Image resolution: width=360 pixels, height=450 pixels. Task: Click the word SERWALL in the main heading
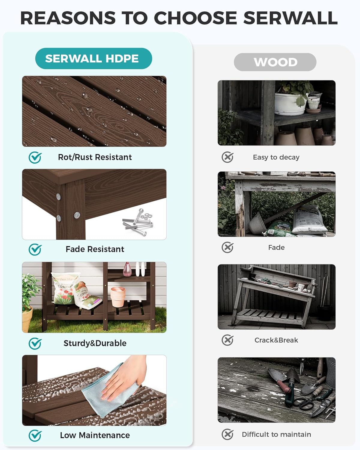(290, 18)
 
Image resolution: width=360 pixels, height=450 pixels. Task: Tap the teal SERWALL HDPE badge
(93, 58)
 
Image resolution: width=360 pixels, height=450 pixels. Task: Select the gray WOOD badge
(275, 62)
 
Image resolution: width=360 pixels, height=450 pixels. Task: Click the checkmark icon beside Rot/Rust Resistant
(35, 157)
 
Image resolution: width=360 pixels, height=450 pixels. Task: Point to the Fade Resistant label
(95, 249)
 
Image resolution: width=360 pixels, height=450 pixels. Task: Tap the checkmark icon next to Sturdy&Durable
(35, 343)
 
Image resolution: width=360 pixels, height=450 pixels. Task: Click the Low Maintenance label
(95, 435)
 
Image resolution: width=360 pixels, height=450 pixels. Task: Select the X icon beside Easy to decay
(227, 157)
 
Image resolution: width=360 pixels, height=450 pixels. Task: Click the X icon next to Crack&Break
(227, 340)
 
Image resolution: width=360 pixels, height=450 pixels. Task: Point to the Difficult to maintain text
(276, 434)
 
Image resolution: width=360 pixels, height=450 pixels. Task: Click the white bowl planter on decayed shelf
(290, 104)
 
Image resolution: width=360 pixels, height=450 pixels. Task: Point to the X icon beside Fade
(227, 247)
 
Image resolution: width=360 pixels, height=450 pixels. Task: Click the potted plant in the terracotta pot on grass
(28, 303)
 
